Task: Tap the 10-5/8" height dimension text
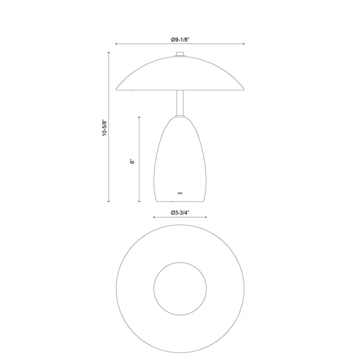tap(104, 128)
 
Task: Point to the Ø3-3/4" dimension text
tap(180, 212)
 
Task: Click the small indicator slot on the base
tap(180, 192)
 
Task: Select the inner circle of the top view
tap(180, 288)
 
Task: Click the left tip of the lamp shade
tap(117, 87)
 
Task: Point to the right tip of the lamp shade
tap(244, 87)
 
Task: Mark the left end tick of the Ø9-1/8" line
tap(117, 44)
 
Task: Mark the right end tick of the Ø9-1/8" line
tap(244, 44)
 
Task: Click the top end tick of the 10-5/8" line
tap(109, 52)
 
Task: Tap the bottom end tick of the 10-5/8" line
tap(109, 201)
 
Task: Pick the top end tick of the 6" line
tap(139, 117)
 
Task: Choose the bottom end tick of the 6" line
tap(139, 201)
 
